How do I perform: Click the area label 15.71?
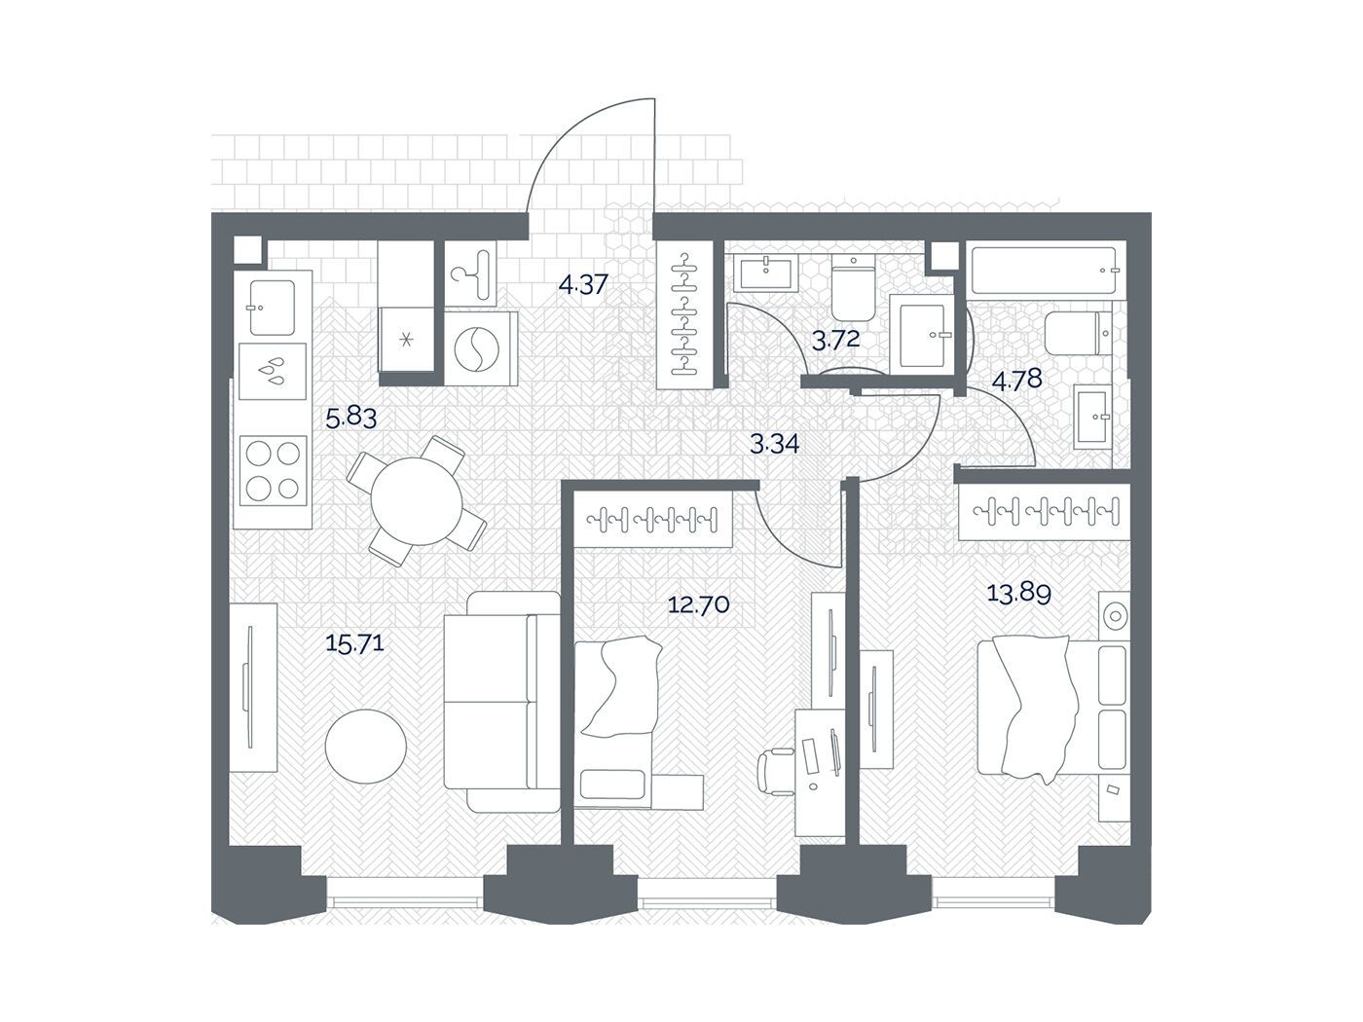(354, 642)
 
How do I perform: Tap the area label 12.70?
(698, 603)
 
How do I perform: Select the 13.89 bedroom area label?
(1018, 594)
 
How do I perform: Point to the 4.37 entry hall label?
(582, 285)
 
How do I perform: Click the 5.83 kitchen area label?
(351, 418)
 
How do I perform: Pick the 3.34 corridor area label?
(774, 444)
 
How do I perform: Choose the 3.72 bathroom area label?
(835, 341)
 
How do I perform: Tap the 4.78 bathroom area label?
(1016, 380)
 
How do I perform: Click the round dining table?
(417, 500)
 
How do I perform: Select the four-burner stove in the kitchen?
(274, 471)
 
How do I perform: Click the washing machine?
(481, 349)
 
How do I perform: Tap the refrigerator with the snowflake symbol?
(407, 340)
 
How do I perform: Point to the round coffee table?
(366, 747)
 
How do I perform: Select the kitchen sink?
(272, 308)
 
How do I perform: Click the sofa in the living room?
(503, 702)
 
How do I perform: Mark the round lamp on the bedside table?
(1116, 616)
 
